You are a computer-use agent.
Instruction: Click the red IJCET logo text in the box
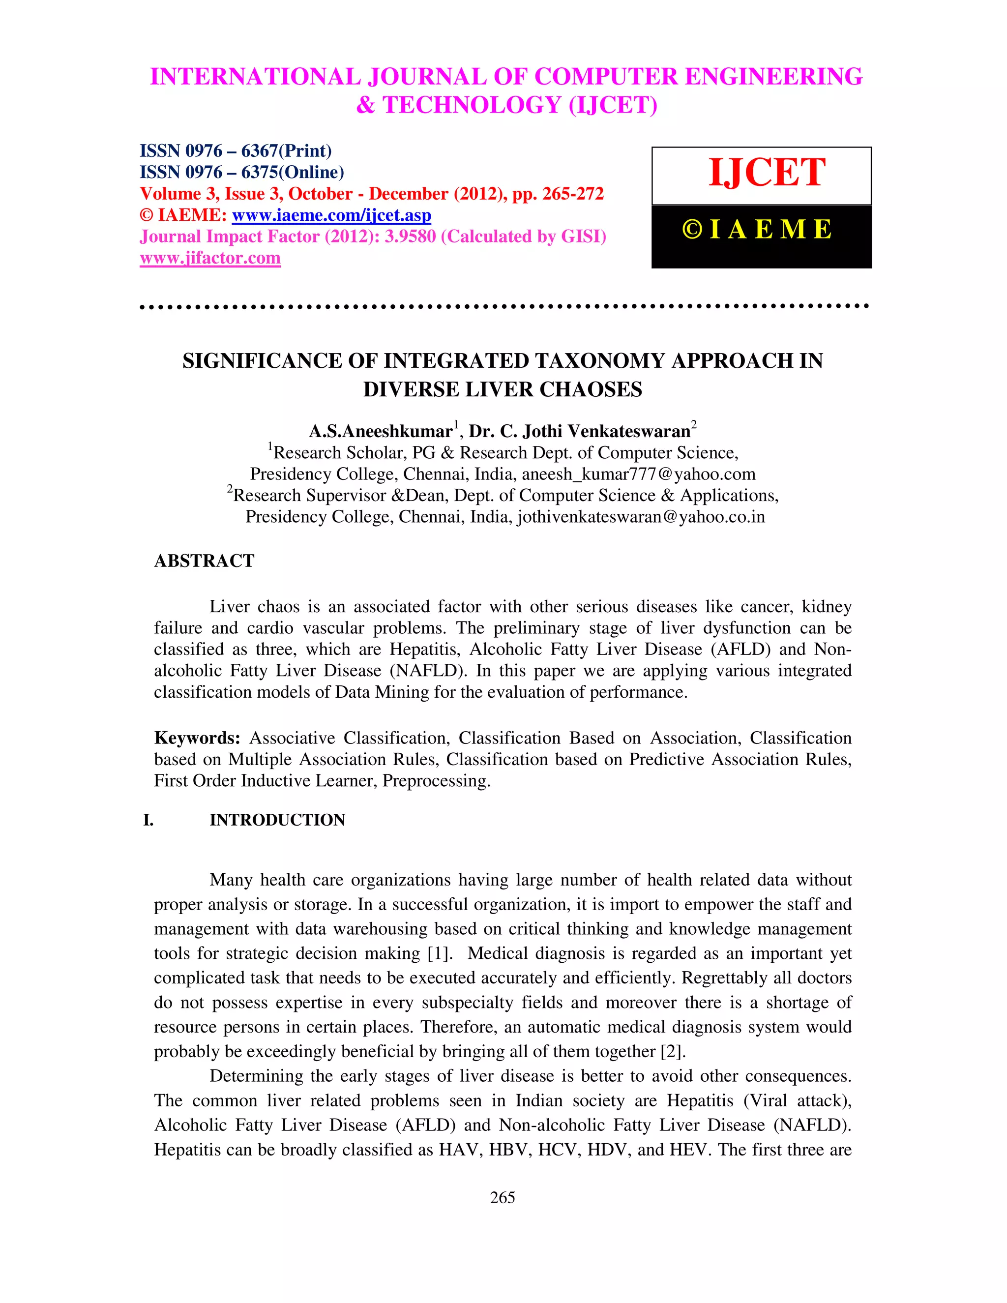coord(767,173)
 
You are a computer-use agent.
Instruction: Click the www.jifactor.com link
coord(210,258)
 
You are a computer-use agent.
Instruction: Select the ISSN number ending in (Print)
coord(235,150)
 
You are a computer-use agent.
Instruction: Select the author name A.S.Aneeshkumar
coord(381,431)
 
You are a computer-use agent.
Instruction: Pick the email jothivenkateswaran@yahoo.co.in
coord(641,517)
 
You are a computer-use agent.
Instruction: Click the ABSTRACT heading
coord(204,561)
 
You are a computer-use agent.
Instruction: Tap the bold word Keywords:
coord(197,738)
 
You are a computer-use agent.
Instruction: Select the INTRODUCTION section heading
coord(277,820)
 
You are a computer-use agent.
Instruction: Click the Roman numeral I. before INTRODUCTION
coord(148,820)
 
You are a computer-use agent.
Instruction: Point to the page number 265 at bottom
coord(503,1197)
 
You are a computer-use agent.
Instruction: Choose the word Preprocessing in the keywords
coord(436,781)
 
